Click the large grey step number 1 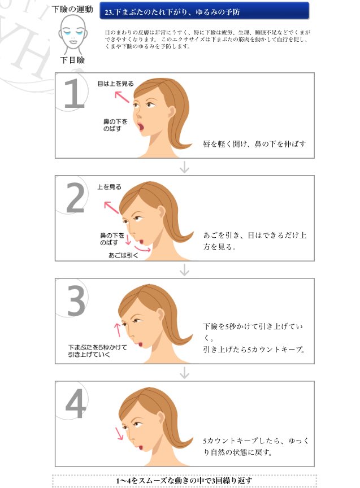click(74, 93)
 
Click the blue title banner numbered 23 click(204, 10)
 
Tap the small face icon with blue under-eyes click(73, 33)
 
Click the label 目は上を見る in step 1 click(115, 84)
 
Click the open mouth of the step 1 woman click(141, 127)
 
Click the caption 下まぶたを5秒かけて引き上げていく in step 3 click(89, 351)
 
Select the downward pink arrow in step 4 click(120, 433)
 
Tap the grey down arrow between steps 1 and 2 click(184, 167)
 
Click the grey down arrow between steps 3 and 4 click(184, 373)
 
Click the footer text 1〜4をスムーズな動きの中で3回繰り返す click(184, 480)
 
